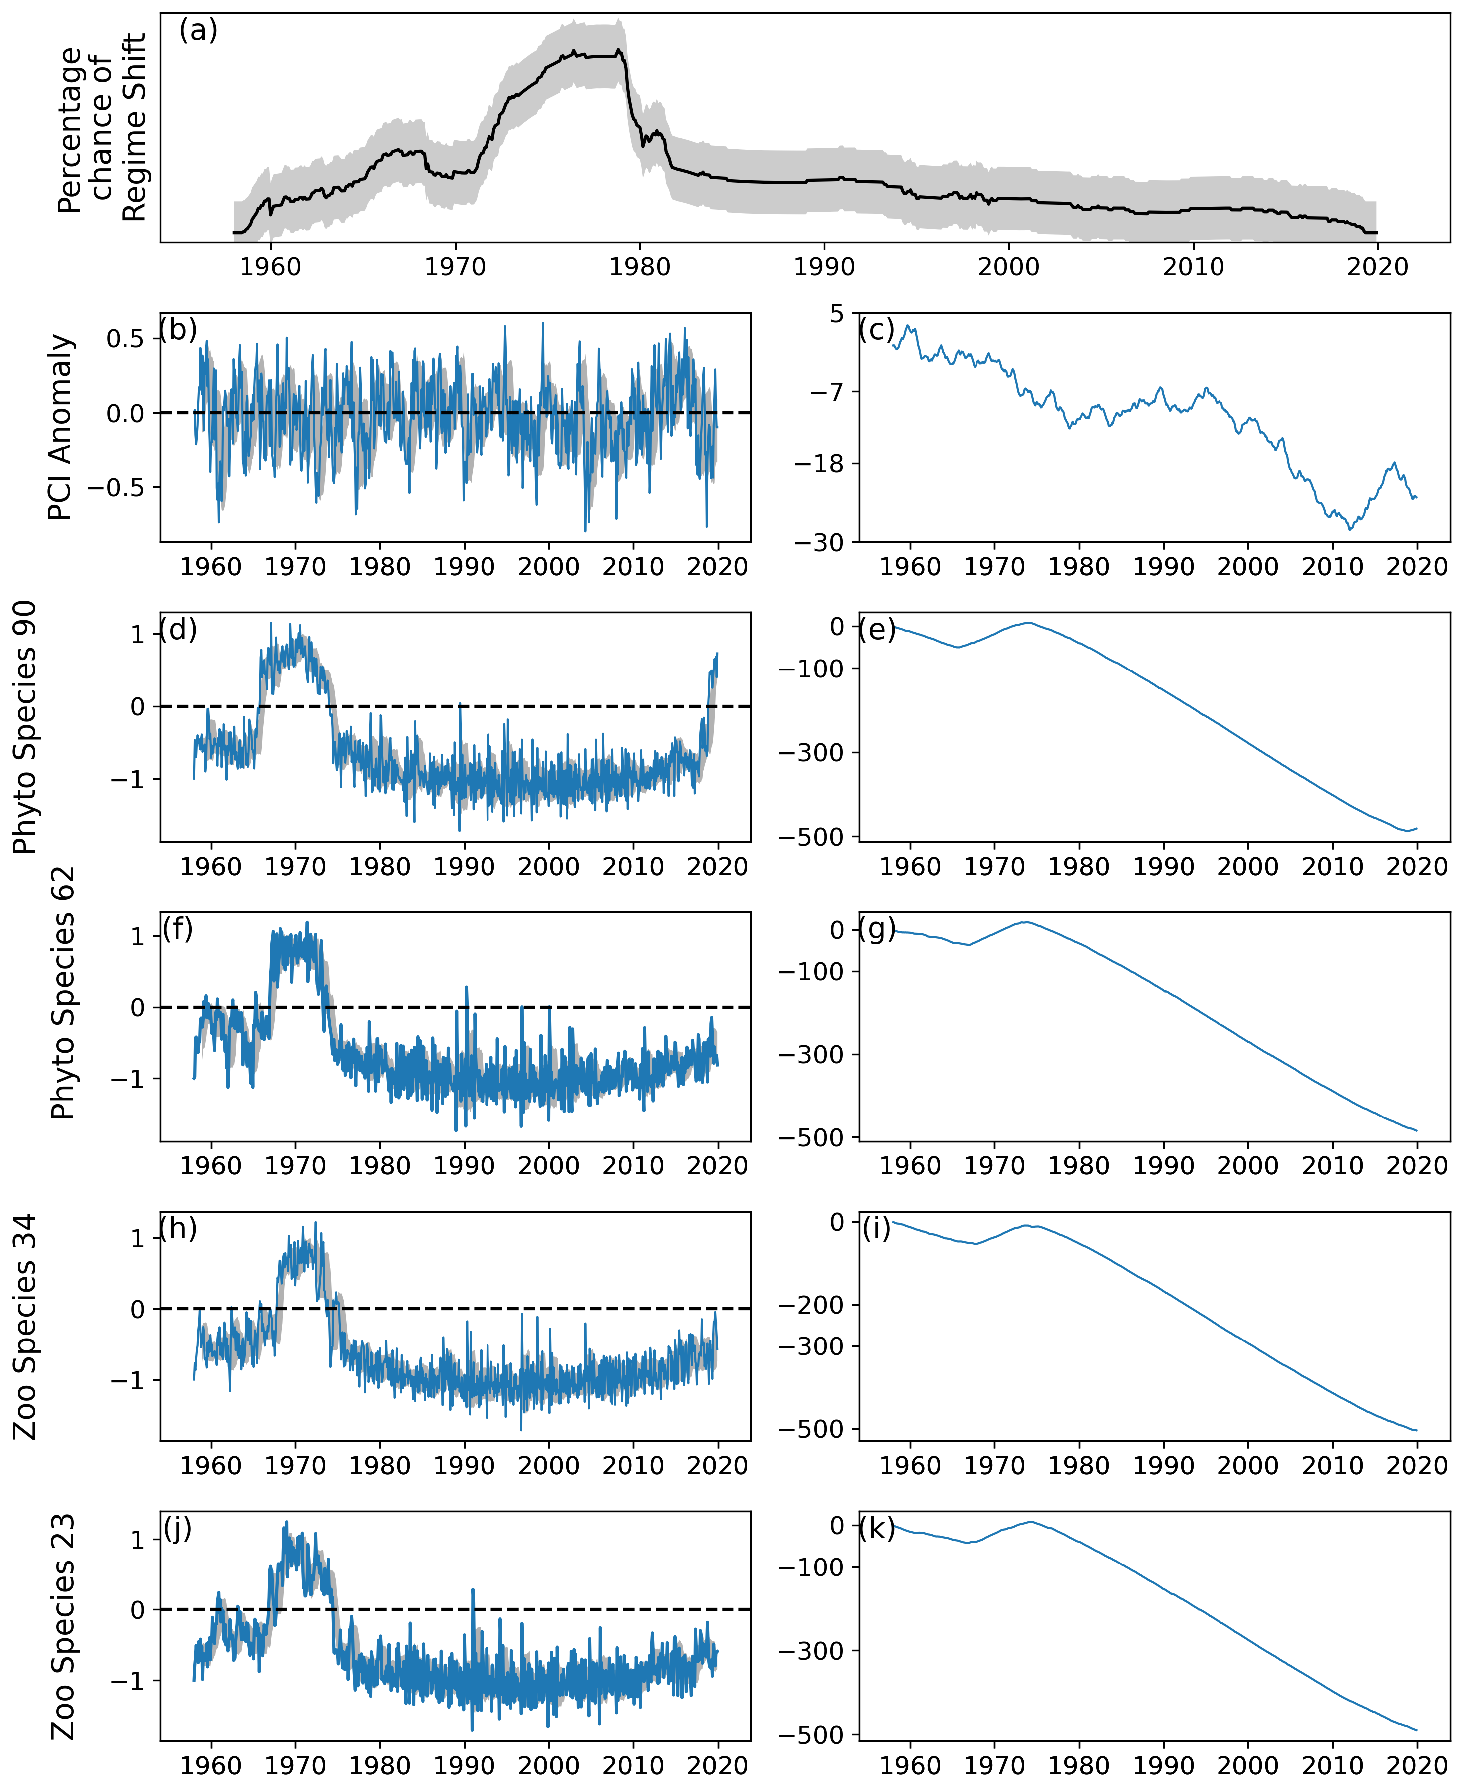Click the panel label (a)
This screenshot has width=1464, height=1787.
198,31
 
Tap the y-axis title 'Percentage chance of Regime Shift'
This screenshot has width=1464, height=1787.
102,128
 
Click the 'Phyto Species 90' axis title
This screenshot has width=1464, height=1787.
25,726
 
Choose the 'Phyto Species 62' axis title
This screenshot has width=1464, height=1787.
63,993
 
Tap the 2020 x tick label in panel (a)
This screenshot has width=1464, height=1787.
1377,267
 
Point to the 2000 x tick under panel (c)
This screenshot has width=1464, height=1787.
1248,566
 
